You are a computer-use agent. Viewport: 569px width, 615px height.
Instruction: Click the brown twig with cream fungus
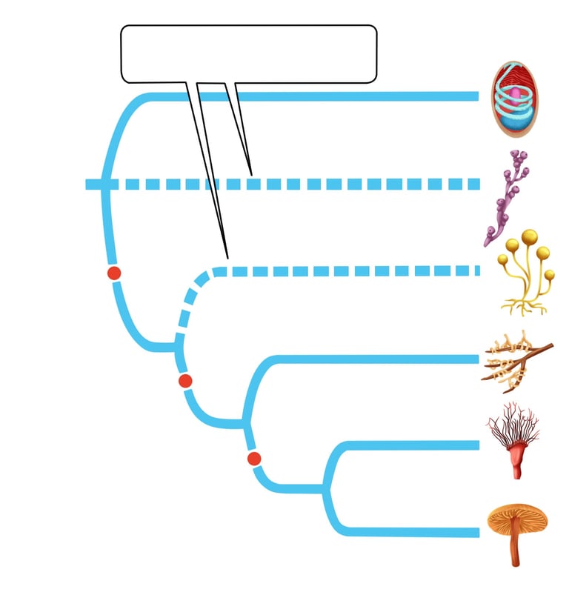(x=516, y=360)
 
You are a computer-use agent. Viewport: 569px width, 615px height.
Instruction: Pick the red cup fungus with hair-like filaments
(x=513, y=440)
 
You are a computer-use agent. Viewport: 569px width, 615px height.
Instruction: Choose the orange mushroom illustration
(x=516, y=530)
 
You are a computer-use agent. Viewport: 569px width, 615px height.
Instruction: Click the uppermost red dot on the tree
(x=114, y=273)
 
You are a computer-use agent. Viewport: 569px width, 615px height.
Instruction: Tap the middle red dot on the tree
(x=185, y=381)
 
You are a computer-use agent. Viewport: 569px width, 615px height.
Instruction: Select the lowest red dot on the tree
(x=254, y=459)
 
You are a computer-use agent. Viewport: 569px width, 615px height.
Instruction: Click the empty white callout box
(x=249, y=53)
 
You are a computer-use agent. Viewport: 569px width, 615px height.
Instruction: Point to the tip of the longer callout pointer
(x=227, y=257)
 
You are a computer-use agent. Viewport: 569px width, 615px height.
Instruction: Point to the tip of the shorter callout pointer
(x=251, y=174)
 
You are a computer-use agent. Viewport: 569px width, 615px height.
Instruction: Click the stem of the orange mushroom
(x=514, y=548)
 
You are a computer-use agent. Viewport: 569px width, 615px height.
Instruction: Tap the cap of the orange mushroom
(x=517, y=516)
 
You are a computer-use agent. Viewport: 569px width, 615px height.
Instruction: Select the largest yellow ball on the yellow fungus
(x=529, y=237)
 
